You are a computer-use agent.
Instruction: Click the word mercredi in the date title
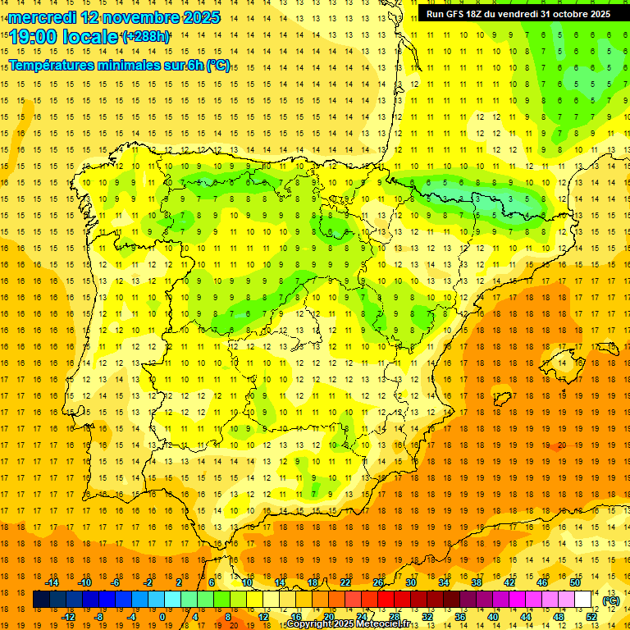[42, 17]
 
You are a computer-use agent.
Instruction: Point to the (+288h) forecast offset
[147, 37]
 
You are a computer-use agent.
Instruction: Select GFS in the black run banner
[455, 14]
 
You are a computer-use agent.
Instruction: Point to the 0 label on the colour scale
[162, 617]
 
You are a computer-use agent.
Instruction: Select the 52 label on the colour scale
[591, 617]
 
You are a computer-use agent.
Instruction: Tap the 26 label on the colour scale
[378, 582]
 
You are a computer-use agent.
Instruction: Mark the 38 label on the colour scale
[477, 582]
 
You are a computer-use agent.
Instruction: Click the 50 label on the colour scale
[575, 582]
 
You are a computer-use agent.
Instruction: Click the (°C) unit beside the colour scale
[611, 600]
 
